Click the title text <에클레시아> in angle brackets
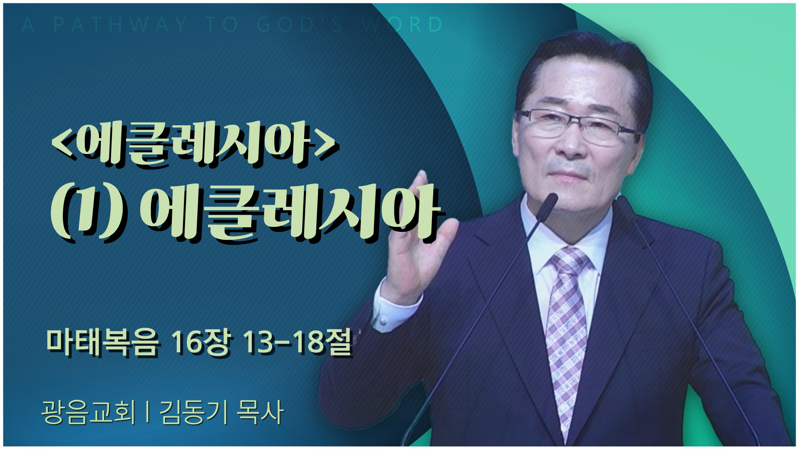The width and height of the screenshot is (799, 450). pos(194,144)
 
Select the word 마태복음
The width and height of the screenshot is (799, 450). pos(102,343)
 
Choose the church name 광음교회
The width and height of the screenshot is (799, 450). pos(88,412)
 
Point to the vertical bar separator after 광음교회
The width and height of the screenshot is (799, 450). pos(148,413)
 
